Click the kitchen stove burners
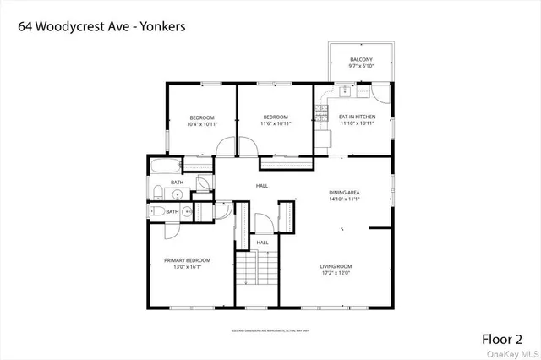coord(322,107)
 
